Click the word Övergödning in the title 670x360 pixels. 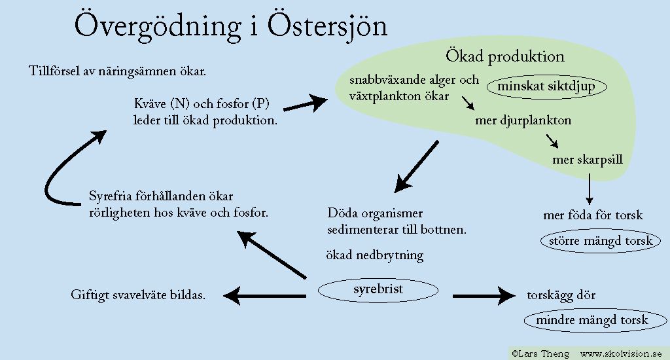pos(158,26)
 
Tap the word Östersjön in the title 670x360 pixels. pos(327,25)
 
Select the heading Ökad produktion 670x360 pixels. pos(505,56)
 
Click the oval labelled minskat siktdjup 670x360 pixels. pos(546,87)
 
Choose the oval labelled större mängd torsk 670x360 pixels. pos(601,241)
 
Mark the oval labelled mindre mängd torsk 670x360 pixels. pos(595,320)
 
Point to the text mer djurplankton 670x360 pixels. pos(523,120)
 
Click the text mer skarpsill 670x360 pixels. pos(588,160)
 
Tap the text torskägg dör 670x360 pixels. pos(561,295)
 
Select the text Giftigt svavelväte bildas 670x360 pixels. pos(138,295)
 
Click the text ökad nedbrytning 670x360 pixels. pos(375,255)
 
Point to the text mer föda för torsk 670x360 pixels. pos(593,215)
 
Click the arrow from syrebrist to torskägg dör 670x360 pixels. pos(484,295)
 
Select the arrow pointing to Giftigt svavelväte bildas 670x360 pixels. pos(264,296)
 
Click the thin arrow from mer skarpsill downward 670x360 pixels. pos(590,189)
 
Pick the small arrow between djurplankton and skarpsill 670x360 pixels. pos(552,141)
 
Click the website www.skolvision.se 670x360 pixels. pos(621,353)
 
